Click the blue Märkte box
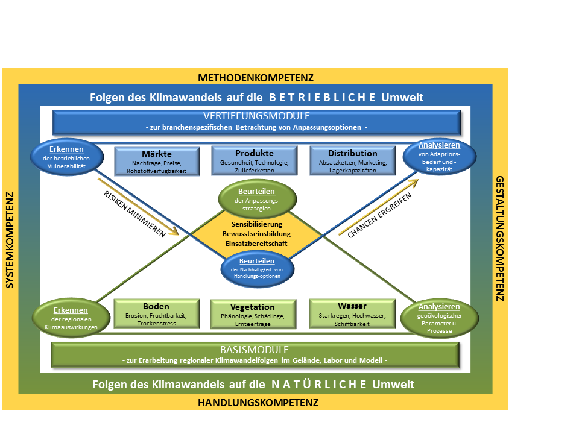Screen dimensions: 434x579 pyautogui.click(x=157, y=162)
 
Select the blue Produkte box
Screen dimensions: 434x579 pyautogui.click(x=254, y=162)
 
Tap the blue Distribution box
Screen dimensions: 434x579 pyautogui.click(x=353, y=162)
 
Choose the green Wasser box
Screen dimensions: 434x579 pyautogui.click(x=352, y=314)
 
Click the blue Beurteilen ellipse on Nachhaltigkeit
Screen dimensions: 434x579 pyautogui.click(x=257, y=268)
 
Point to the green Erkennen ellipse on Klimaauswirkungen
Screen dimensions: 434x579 pyautogui.click(x=64, y=316)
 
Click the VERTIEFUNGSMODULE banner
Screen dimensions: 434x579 pyautogui.click(x=256, y=122)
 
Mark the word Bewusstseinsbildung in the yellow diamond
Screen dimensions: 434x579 pyautogui.click(x=257, y=233)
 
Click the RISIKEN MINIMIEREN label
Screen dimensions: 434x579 pyautogui.click(x=134, y=215)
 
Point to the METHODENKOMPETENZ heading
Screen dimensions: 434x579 pyautogui.click(x=256, y=78)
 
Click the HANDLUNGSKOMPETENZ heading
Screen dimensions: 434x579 pyautogui.click(x=258, y=403)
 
